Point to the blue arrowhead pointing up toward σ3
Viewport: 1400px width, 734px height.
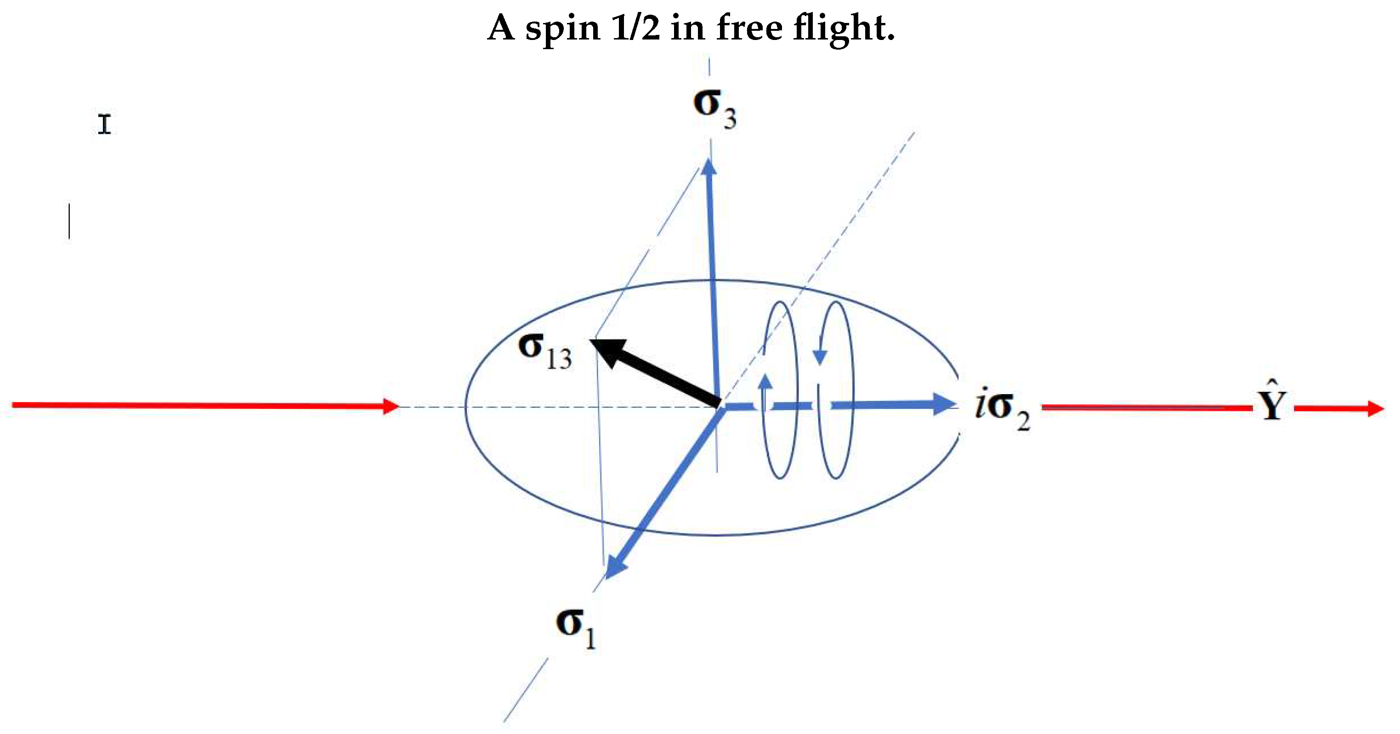coord(709,165)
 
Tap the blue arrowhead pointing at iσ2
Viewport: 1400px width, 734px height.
coord(946,404)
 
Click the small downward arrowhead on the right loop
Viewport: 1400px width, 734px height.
coord(820,357)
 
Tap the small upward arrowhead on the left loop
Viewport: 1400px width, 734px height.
coord(765,381)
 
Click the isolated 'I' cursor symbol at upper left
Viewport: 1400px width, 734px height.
coord(105,124)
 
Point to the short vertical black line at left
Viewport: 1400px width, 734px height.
coord(69,221)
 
